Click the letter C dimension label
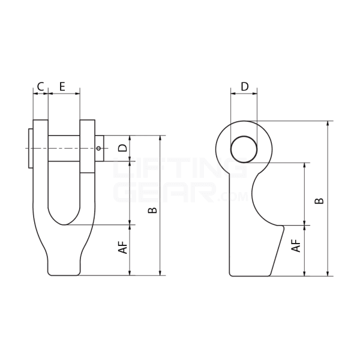(40, 86)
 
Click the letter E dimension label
(62, 86)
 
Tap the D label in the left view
(122, 148)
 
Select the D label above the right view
(244, 86)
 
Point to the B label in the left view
(153, 210)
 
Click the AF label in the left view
(122, 247)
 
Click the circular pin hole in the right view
(244, 149)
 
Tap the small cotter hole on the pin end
(98, 148)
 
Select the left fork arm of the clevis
(41, 174)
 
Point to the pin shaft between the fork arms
(64, 148)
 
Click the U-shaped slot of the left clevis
(64, 198)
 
